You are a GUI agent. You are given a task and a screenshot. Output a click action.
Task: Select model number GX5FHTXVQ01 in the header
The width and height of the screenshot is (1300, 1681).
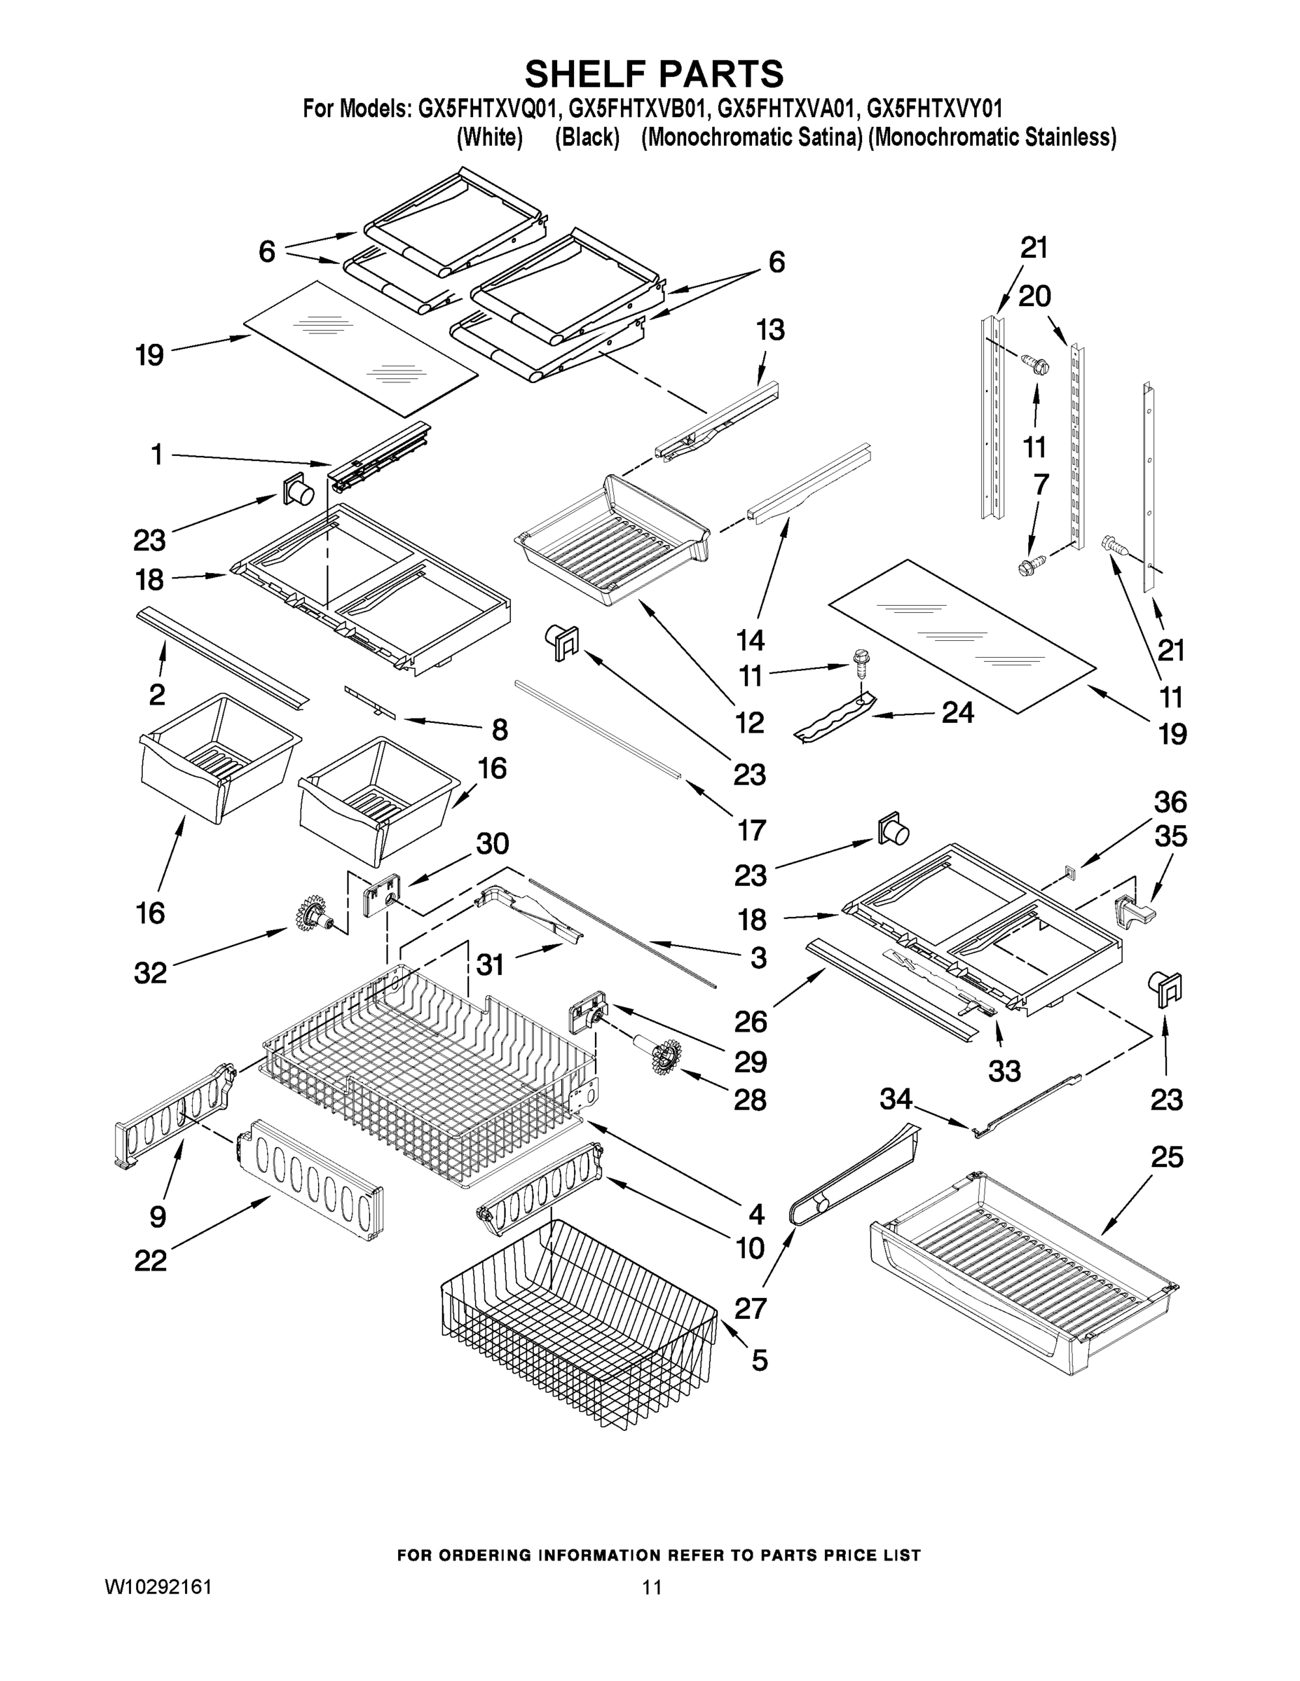(486, 109)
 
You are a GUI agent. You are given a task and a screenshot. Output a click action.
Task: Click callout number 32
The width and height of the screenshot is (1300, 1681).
(150, 974)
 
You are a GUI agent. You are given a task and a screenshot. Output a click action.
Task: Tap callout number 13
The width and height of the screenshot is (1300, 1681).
(769, 329)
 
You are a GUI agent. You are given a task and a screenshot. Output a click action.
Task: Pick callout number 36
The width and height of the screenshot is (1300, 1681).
(1170, 802)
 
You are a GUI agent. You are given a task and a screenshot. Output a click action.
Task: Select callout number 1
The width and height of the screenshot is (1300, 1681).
(156, 455)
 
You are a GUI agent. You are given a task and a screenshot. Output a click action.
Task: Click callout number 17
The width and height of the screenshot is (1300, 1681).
(751, 830)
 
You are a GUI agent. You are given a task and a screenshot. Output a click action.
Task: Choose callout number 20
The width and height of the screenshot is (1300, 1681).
(1034, 296)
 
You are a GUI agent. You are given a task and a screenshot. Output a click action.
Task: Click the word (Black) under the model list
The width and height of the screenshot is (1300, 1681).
(587, 138)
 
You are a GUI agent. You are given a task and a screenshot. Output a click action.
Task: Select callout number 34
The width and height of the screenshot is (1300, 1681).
(896, 1099)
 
